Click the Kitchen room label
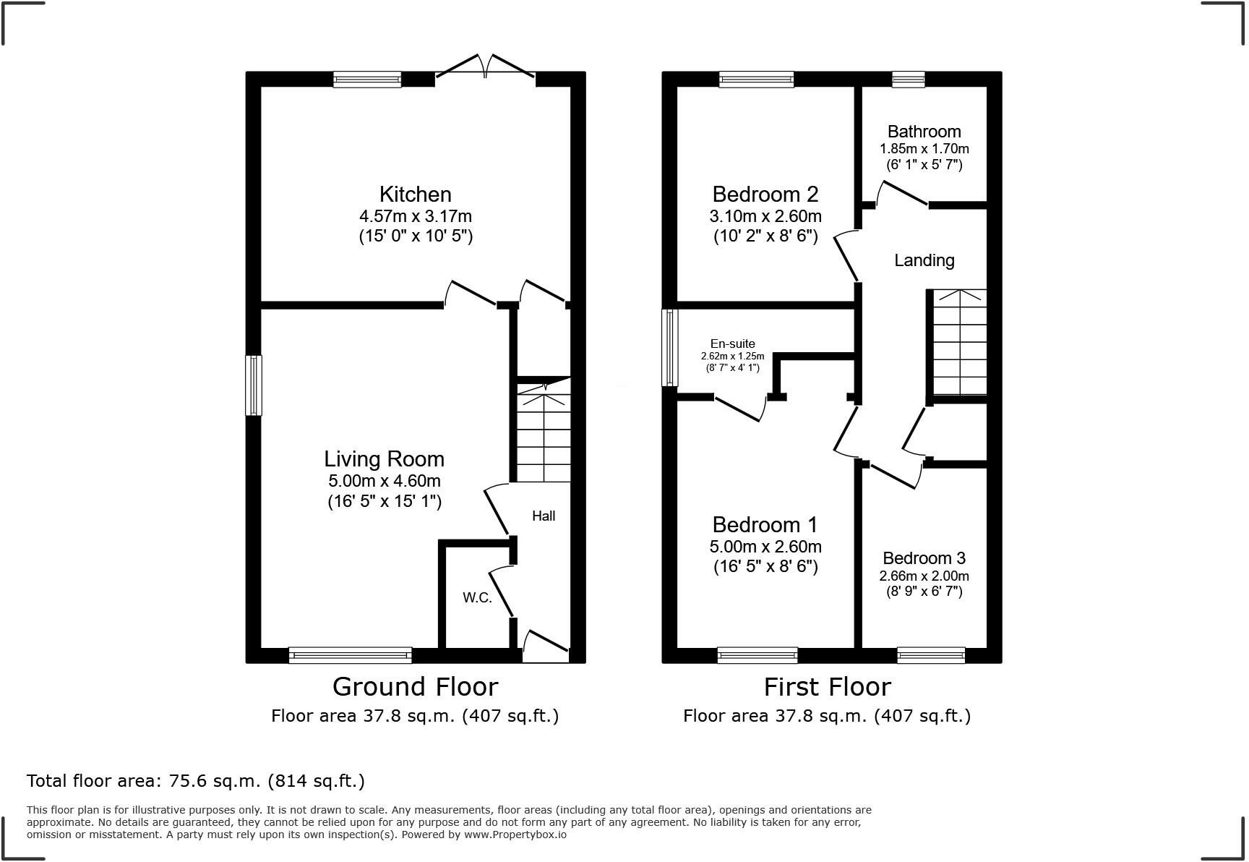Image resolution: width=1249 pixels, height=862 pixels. tap(415, 194)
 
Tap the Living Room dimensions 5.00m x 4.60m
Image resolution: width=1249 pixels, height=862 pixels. tap(384, 481)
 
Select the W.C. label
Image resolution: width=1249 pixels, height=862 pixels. tap(477, 598)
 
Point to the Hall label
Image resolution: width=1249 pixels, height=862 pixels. tap(544, 516)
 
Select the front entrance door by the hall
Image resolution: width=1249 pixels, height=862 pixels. tap(546, 647)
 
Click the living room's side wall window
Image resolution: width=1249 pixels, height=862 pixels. tap(254, 385)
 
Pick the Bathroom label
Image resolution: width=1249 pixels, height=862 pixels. tap(924, 132)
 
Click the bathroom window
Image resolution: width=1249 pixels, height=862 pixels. tap(909, 80)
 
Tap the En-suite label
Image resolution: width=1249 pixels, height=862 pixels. tap(732, 344)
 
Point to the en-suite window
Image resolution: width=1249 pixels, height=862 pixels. tap(671, 347)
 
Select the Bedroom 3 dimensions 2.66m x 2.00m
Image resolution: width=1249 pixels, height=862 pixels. tap(924, 576)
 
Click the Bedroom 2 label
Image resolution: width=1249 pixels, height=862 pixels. tap(765, 194)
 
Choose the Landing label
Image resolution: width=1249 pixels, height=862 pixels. tap(924, 260)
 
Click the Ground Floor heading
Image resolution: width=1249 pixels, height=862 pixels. tap(415, 686)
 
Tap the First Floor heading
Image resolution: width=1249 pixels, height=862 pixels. tap(827, 686)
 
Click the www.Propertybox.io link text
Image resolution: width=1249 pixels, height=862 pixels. tap(515, 835)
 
